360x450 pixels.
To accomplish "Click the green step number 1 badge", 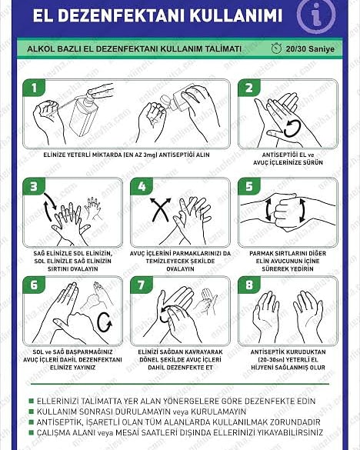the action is (x=34, y=88).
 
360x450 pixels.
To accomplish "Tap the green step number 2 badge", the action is (x=249, y=88).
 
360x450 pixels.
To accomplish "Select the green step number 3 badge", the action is (x=34, y=187).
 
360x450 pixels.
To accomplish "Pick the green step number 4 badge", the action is (x=142, y=187).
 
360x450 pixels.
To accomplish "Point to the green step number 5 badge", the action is (x=249, y=187).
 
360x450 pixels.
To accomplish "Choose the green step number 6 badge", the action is (x=34, y=285).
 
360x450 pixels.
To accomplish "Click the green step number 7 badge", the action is (x=142, y=285).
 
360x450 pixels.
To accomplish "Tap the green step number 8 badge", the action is (x=249, y=285).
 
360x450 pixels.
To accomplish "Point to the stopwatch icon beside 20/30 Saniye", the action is (x=276, y=48).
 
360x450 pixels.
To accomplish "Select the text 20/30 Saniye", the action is (x=310, y=48).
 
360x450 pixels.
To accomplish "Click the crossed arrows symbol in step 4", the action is (x=161, y=210).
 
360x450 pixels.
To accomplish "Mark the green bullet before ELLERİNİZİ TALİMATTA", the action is (x=32, y=401).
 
